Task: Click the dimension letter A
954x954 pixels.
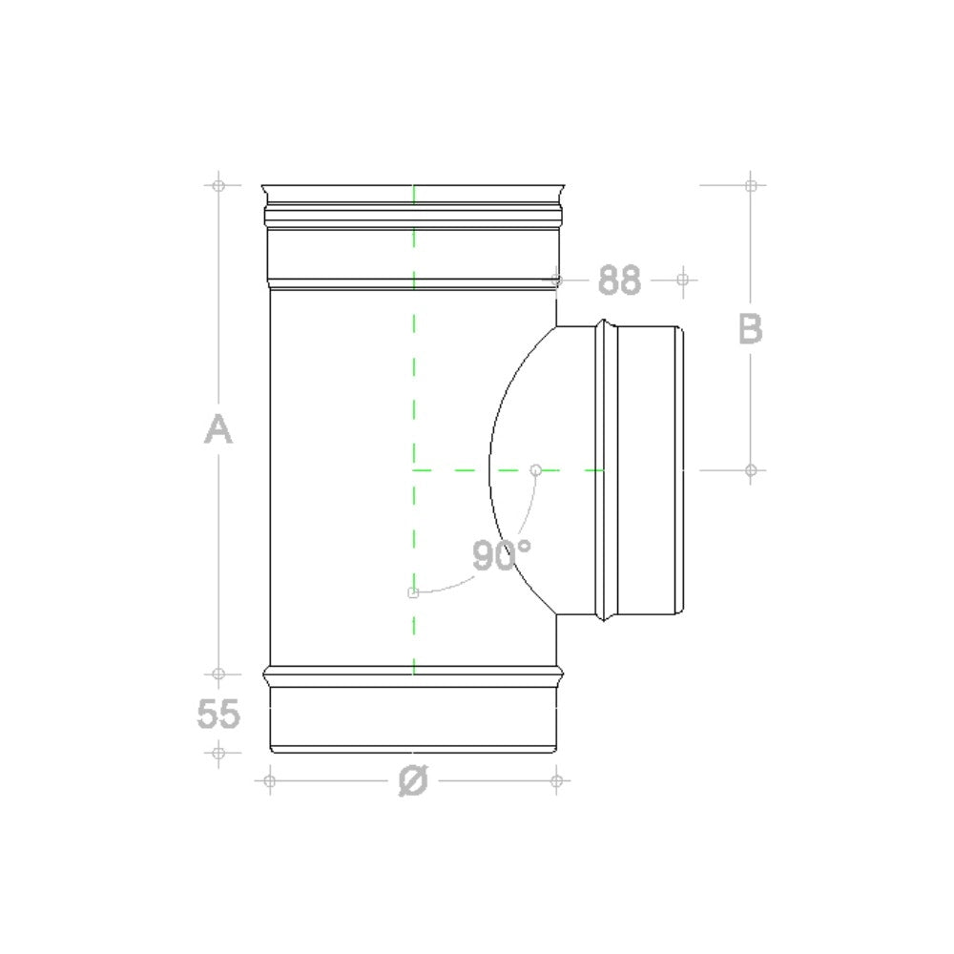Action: click(218, 428)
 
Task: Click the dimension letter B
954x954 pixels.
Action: click(750, 328)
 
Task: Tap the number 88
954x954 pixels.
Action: click(619, 280)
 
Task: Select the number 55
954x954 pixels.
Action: click(218, 713)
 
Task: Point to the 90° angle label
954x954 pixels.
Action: click(502, 555)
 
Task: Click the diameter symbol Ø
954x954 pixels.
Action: click(413, 780)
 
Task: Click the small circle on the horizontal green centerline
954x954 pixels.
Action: click(535, 469)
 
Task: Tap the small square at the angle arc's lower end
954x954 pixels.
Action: click(413, 592)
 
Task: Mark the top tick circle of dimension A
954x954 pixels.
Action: click(218, 185)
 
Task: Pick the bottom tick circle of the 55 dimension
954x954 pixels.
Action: click(218, 754)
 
